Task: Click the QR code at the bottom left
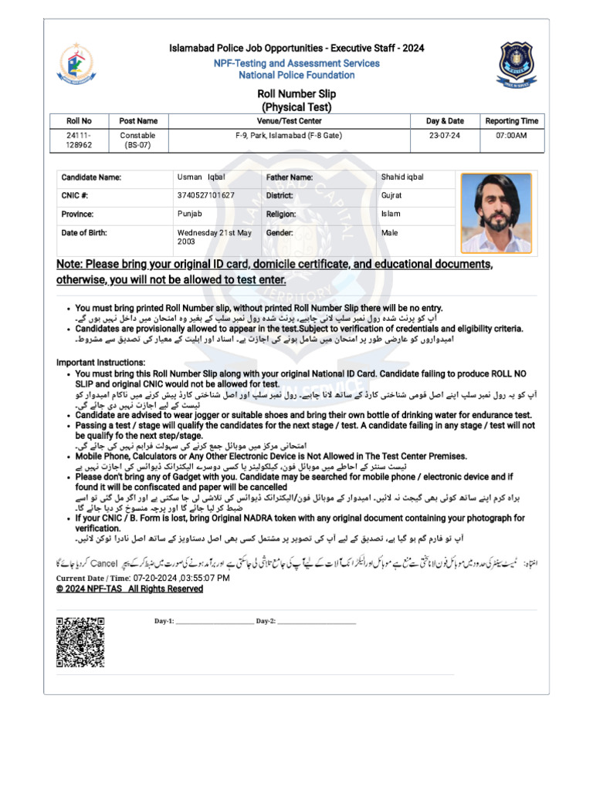point(80,642)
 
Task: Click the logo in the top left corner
point(76,62)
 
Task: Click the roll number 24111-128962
point(79,140)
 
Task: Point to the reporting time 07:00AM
point(511,135)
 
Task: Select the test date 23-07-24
point(445,135)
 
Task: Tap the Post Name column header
point(138,121)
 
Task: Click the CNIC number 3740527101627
point(205,196)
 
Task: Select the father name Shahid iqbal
point(402,177)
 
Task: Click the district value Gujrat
point(391,196)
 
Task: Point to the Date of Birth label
point(84,232)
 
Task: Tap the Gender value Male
point(389,232)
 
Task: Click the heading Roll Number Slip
point(296,93)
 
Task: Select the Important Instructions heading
point(100,363)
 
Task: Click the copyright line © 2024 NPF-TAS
point(129,589)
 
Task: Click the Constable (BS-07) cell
point(138,140)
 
